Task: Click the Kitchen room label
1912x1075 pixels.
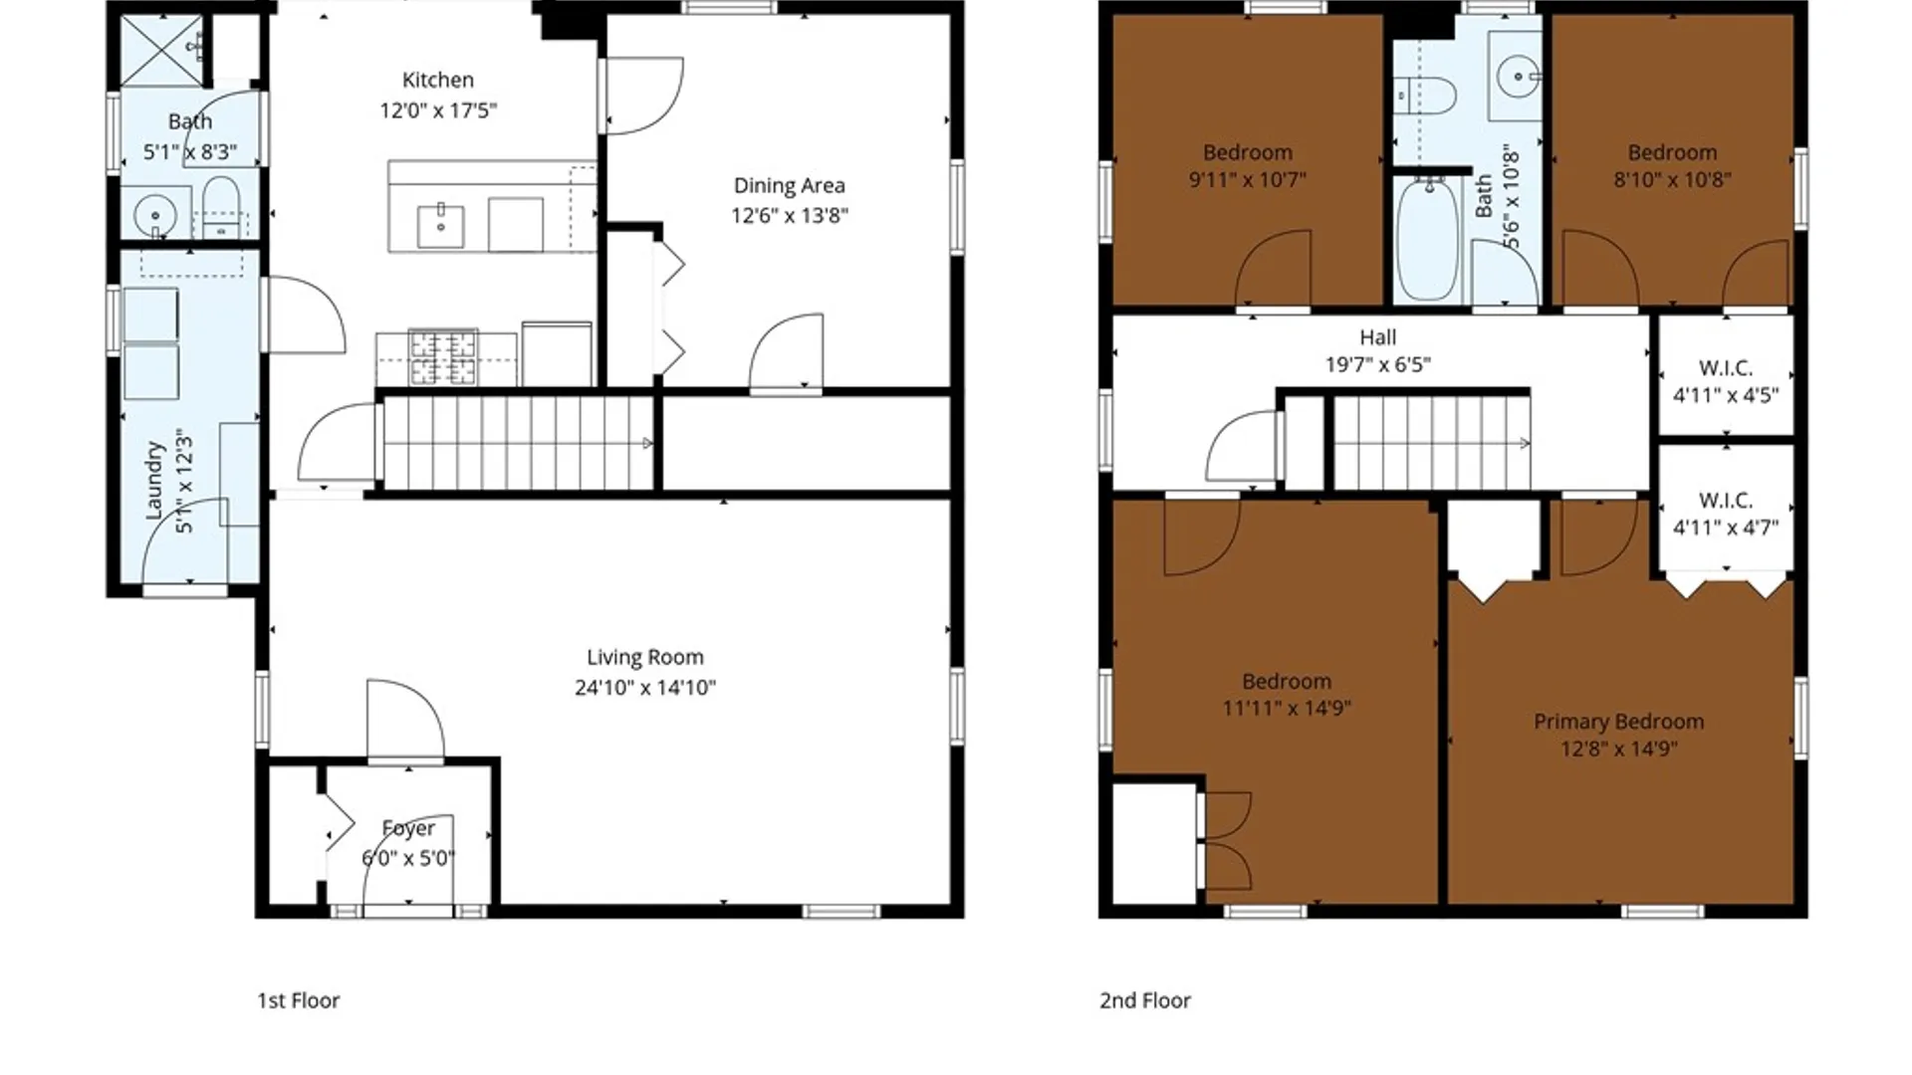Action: coord(438,80)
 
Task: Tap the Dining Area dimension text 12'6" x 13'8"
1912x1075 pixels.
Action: coord(790,215)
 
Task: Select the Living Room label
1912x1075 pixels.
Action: coord(645,657)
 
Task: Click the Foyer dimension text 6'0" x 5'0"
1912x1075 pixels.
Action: coord(408,858)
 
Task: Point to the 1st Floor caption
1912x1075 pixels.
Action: coord(299,1000)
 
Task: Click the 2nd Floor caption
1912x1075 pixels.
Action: coord(1145,1000)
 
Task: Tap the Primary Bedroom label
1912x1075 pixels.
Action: coord(1619,722)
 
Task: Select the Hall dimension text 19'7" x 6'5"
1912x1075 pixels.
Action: coord(1378,364)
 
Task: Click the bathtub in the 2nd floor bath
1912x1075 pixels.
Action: coord(1428,239)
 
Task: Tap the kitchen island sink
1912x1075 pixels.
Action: coord(440,226)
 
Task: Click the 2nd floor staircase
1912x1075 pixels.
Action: coord(1432,443)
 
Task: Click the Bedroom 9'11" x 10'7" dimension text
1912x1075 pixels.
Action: coord(1248,179)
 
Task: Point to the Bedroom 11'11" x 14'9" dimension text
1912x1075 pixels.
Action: coord(1287,708)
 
